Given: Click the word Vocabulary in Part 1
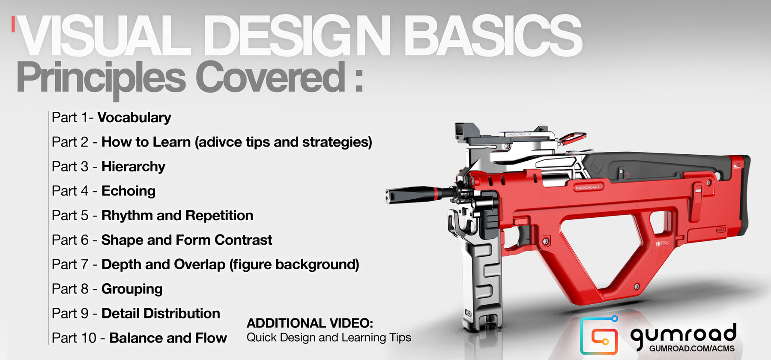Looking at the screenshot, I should point(134,117).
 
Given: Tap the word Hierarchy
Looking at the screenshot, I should point(133,166).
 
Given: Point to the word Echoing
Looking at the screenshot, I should point(128,191).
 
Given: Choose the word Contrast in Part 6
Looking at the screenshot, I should point(243,240).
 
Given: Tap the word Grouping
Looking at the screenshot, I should point(132,289).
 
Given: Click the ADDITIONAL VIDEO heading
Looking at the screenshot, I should point(310,323).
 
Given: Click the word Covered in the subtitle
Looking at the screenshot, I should point(270,78).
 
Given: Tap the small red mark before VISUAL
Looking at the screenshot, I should point(13,24).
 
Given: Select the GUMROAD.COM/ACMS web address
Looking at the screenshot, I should point(692,349).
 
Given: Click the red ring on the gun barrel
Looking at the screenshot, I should point(436,194).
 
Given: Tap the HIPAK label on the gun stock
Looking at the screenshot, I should point(662,243).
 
